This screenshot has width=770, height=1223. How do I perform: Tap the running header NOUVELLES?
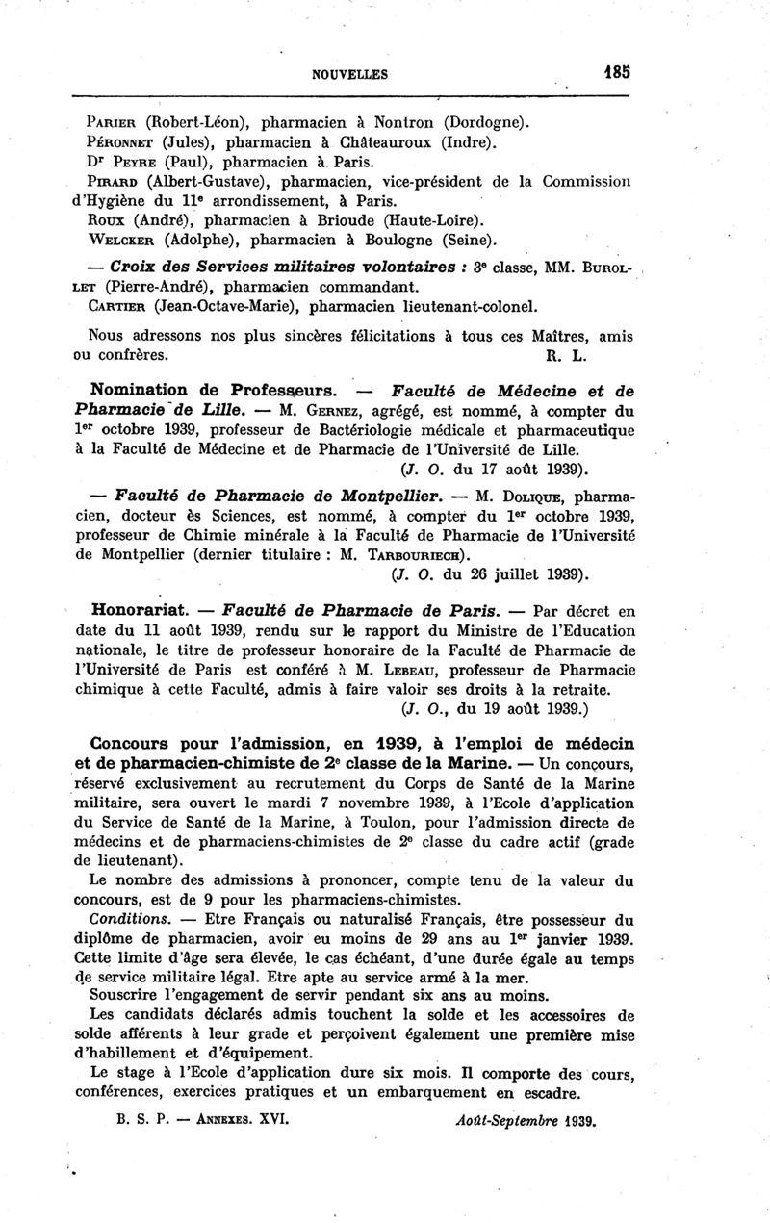tap(349, 73)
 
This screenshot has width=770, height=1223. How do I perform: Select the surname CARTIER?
tap(118, 306)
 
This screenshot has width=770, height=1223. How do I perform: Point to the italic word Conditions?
tap(123, 918)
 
